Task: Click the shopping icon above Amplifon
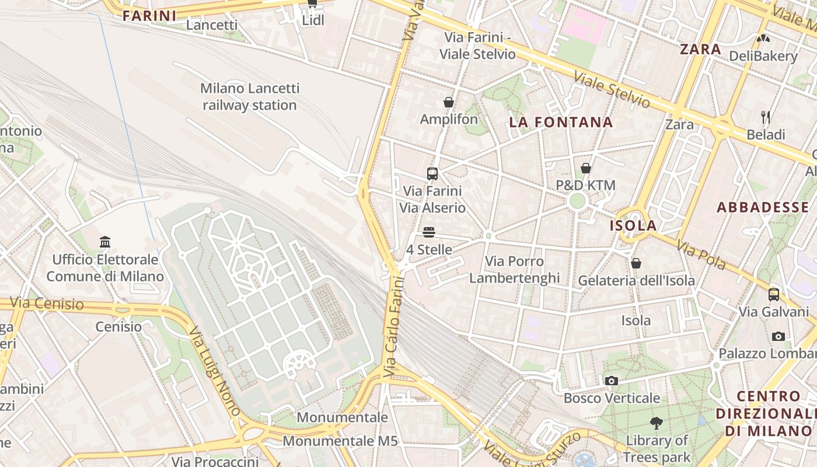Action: pyautogui.click(x=449, y=103)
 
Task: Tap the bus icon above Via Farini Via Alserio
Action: pyautogui.click(x=432, y=173)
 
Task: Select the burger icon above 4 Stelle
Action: pyautogui.click(x=429, y=232)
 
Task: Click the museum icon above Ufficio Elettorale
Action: pyautogui.click(x=105, y=242)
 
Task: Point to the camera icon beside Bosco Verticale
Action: pyautogui.click(x=611, y=381)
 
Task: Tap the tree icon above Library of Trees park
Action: pyautogui.click(x=657, y=423)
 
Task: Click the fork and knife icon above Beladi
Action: pyautogui.click(x=766, y=117)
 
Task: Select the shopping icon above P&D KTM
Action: pyautogui.click(x=586, y=169)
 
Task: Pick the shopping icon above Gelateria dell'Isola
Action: pyautogui.click(x=636, y=263)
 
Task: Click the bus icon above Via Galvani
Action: pyautogui.click(x=774, y=294)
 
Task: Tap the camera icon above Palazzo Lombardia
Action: pyautogui.click(x=778, y=336)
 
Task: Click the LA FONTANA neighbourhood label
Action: pyautogui.click(x=561, y=123)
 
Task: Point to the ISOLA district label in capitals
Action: pyautogui.click(x=633, y=226)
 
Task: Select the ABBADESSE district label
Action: pyautogui.click(x=766, y=207)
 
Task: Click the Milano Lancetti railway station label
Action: pyautogui.click(x=250, y=97)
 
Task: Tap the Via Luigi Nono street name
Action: pyautogui.click(x=214, y=371)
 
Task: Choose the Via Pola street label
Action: pyautogui.click(x=701, y=256)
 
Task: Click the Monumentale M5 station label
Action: pyautogui.click(x=340, y=440)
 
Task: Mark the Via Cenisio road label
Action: pyautogui.click(x=47, y=304)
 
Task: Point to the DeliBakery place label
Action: pyautogui.click(x=763, y=56)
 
